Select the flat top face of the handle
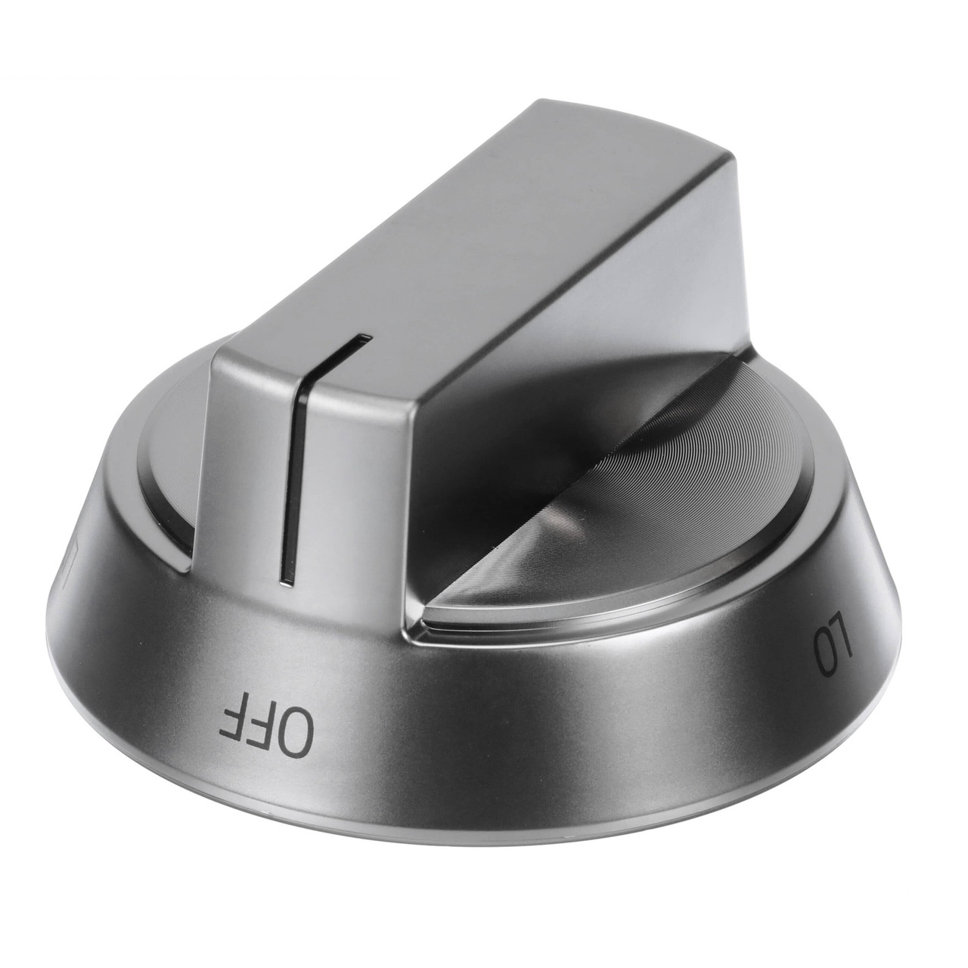[x=454, y=242]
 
